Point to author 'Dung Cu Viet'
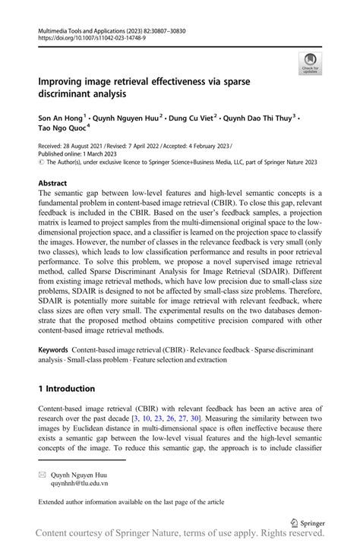192,119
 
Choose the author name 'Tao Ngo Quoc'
64,130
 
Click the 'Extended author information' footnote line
135,502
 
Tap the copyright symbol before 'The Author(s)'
40,162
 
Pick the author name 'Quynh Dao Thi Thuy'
262,119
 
